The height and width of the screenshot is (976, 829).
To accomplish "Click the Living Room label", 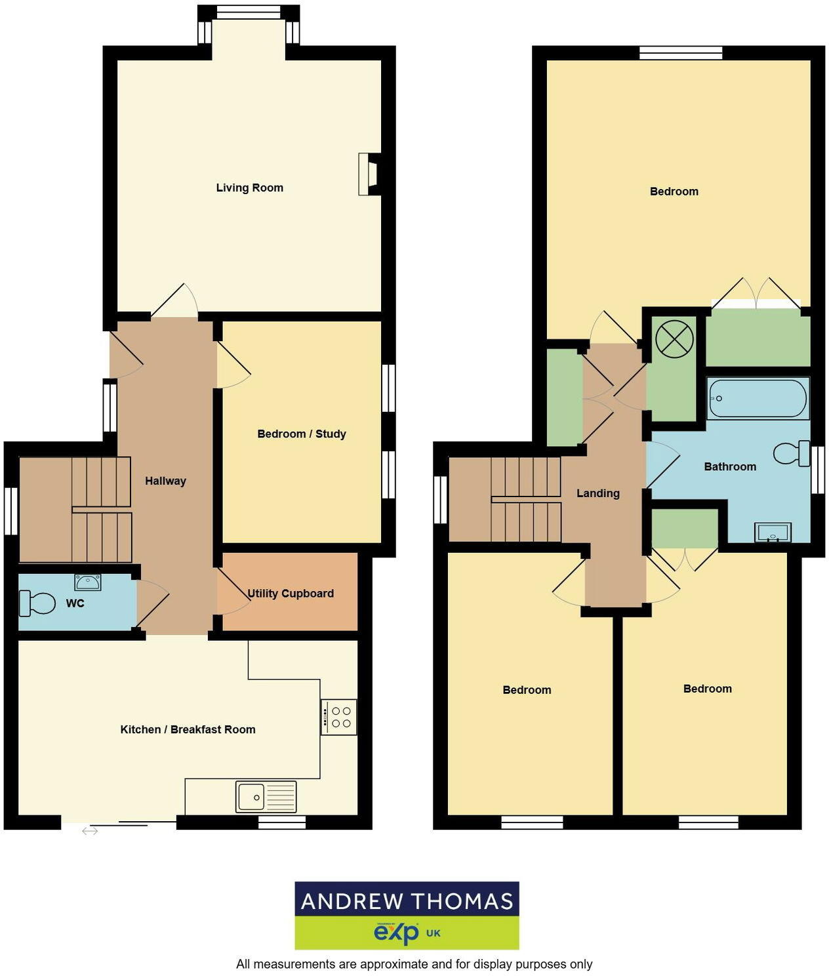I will (249, 188).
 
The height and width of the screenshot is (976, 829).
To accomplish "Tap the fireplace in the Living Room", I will (369, 174).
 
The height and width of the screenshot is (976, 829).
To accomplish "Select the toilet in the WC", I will (37, 603).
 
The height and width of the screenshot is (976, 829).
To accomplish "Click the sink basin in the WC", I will (87, 582).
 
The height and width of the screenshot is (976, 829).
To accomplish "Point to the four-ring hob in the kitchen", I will (339, 716).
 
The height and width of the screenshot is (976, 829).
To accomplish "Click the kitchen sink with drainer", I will (266, 797).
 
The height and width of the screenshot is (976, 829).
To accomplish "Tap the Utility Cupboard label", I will (291, 594).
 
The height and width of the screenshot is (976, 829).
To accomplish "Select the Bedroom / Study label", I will (301, 434).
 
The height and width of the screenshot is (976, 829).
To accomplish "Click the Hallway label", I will (165, 481).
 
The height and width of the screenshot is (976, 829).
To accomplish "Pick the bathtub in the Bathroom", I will (758, 398).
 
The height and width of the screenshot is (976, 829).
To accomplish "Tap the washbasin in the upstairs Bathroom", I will (773, 533).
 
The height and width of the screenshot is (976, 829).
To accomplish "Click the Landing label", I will (597, 493).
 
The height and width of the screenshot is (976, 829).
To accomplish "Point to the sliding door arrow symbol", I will (90, 831).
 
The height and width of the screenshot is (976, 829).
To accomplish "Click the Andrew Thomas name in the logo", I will (407, 901).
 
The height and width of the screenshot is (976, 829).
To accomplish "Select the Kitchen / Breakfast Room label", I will (188, 729).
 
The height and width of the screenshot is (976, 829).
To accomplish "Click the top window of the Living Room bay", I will (249, 11).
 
